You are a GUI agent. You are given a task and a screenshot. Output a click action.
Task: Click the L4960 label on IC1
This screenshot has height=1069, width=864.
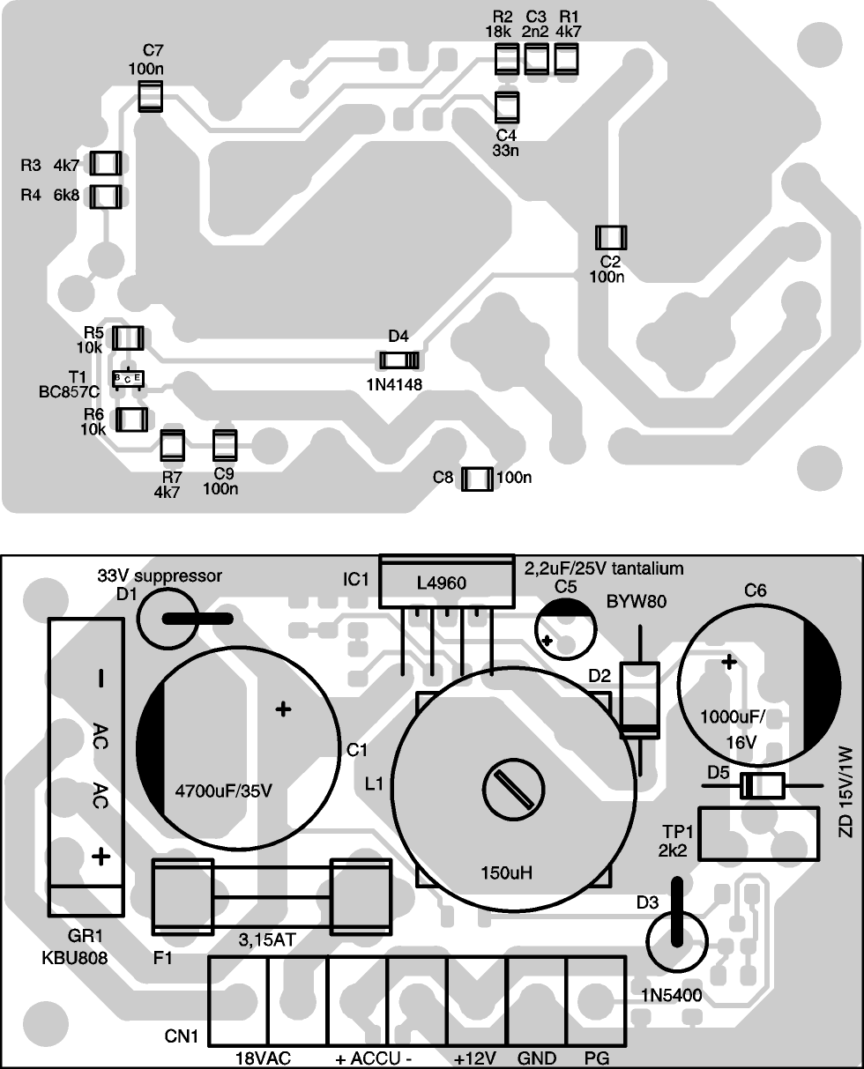(x=441, y=583)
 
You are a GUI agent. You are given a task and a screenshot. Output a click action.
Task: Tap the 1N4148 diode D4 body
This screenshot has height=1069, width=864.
(x=398, y=360)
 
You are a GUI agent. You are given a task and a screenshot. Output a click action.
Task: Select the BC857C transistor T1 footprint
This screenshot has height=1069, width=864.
(x=129, y=378)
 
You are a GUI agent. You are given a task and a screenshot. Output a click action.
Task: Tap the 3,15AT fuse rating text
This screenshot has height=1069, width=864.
(x=264, y=940)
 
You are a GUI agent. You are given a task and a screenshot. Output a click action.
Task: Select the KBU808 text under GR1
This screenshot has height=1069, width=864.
(x=74, y=958)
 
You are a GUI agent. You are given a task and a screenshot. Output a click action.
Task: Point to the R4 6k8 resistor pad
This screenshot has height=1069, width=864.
(x=107, y=196)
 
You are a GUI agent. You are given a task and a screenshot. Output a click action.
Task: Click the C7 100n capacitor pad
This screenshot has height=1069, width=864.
(x=151, y=96)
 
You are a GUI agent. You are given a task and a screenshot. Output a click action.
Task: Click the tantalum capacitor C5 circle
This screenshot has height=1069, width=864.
(x=565, y=627)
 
